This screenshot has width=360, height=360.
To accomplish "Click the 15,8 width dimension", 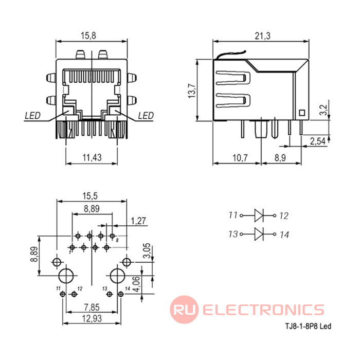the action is pyautogui.click(x=88, y=36).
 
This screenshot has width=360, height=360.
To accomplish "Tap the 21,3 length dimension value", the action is pyautogui.click(x=263, y=36).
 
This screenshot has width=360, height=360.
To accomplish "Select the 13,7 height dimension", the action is pyautogui.click(x=192, y=91).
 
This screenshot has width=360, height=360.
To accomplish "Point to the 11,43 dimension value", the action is pyautogui.click(x=92, y=157).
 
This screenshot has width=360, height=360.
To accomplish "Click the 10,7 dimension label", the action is pyautogui.click(x=240, y=158).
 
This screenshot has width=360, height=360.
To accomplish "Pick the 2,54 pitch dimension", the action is pyautogui.click(x=318, y=141).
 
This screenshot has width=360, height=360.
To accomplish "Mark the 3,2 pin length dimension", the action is pyautogui.click(x=323, y=110).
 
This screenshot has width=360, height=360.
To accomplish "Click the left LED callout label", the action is pyautogui.click(x=32, y=116).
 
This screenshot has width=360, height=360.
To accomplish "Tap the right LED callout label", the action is pyautogui.click(x=146, y=116).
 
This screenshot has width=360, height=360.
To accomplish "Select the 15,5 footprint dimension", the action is pyautogui.click(x=90, y=196).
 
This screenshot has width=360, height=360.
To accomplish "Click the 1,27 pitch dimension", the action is pyautogui.click(x=138, y=221).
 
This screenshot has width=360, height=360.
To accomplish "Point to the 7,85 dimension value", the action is pyautogui.click(x=92, y=307).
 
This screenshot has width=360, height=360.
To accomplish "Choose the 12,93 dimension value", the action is pyautogui.click(x=92, y=318).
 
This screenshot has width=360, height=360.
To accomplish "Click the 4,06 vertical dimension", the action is pyautogui.click(x=137, y=284).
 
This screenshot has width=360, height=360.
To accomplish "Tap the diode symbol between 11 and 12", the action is pyautogui.click(x=259, y=215).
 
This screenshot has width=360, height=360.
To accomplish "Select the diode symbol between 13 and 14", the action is pyautogui.click(x=259, y=234).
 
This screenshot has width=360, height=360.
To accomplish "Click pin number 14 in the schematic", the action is pyautogui.click(x=284, y=235).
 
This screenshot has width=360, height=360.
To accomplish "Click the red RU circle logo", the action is pyautogui.click(x=184, y=310).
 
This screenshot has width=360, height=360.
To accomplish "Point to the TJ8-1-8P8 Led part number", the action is pyautogui.click(x=308, y=326).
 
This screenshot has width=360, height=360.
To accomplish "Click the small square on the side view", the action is pyautogui.click(x=302, y=113).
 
